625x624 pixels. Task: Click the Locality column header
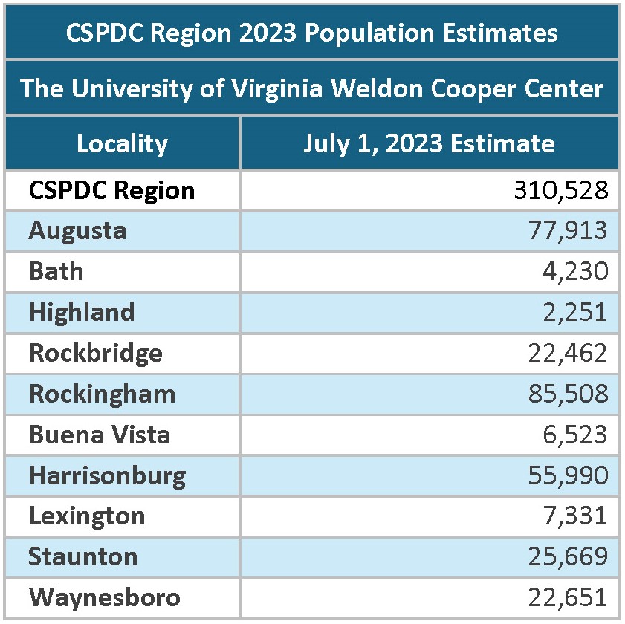(x=122, y=143)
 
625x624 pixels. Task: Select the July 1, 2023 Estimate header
(x=429, y=143)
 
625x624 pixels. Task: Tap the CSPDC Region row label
(x=111, y=190)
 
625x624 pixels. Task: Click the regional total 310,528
(x=561, y=190)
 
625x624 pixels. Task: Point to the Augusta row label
(x=77, y=230)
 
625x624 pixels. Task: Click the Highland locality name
(x=82, y=312)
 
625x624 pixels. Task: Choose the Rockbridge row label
(x=95, y=352)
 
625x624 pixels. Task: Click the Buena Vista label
(x=100, y=434)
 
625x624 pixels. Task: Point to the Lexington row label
(x=87, y=515)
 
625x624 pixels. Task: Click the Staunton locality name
(x=83, y=556)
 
